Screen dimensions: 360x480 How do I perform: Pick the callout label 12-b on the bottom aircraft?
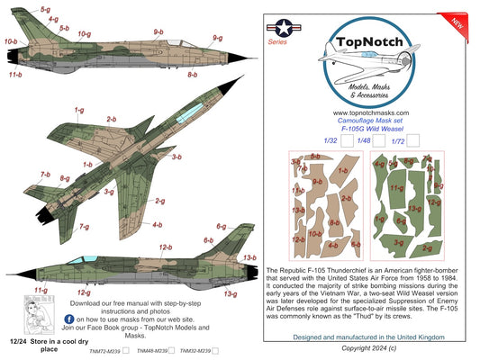pyautogui.click(x=166, y=247)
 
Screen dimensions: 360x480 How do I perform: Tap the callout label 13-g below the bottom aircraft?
pyautogui.click(x=231, y=293)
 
